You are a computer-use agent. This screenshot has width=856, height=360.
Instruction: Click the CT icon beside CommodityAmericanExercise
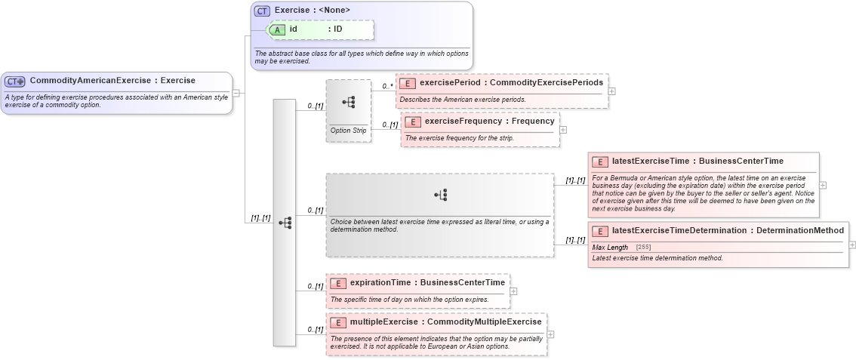(15, 81)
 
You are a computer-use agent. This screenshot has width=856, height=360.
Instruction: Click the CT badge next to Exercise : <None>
(262, 11)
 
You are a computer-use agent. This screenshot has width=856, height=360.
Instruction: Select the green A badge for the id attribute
(278, 29)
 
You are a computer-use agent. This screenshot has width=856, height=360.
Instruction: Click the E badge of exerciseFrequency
(413, 121)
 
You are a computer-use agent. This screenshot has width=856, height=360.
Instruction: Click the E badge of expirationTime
(339, 283)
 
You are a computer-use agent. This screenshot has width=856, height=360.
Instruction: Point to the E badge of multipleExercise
(339, 322)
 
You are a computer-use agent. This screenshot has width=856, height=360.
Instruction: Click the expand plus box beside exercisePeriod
(611, 91)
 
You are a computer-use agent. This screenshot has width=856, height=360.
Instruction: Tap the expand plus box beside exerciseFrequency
(563, 130)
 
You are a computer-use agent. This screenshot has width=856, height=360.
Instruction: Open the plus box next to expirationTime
(513, 291)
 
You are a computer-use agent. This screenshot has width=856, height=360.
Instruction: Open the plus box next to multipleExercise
(550, 334)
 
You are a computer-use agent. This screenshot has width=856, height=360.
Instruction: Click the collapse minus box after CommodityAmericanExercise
(237, 94)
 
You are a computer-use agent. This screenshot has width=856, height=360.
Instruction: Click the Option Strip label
(348, 131)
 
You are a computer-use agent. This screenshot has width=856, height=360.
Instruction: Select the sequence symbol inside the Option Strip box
(349, 103)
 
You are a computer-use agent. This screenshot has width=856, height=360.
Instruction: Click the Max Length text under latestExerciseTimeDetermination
(610, 248)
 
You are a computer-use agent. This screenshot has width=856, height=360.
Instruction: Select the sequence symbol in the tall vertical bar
(285, 223)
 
